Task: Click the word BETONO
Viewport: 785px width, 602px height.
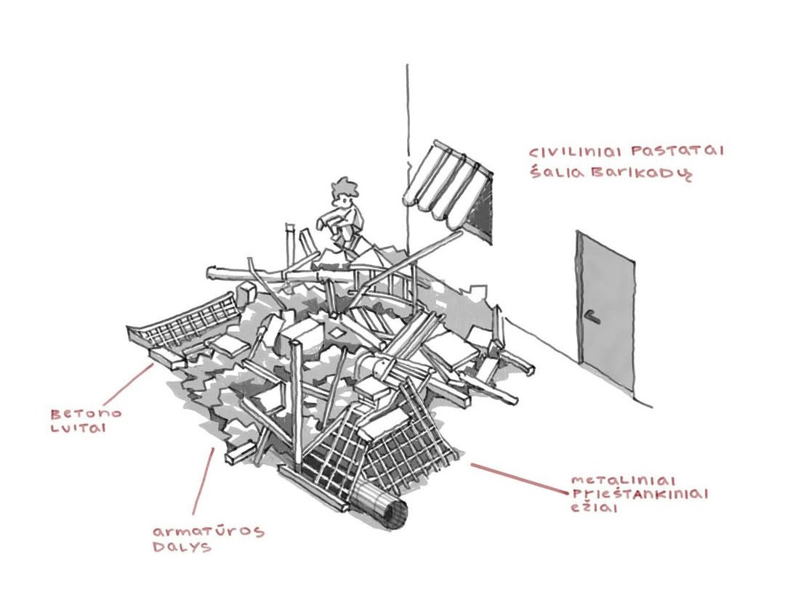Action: (86, 413)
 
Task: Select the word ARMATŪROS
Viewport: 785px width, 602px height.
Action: (208, 531)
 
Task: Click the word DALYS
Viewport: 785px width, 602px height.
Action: (182, 546)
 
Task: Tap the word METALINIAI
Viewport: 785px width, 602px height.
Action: (624, 481)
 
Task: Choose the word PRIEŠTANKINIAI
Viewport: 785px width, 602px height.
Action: (640, 495)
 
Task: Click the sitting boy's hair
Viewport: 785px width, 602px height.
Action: (344, 188)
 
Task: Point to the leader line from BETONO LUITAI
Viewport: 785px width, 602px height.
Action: (128, 385)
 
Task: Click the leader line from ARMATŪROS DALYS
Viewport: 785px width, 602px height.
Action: (204, 481)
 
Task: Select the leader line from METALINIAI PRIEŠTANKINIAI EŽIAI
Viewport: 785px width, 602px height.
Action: (519, 477)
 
